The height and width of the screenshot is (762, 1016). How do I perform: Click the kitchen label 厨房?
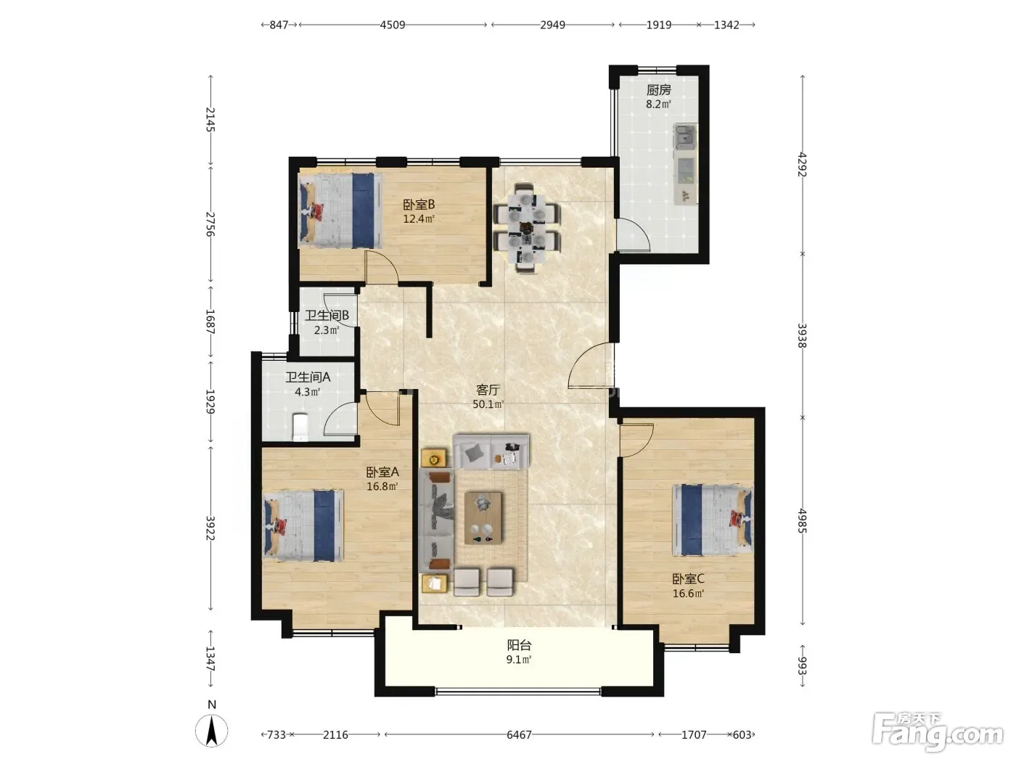point(658,90)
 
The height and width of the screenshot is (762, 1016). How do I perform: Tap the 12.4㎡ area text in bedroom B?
point(419,219)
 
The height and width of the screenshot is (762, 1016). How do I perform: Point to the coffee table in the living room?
point(483,517)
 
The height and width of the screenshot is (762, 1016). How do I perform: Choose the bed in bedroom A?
point(303,525)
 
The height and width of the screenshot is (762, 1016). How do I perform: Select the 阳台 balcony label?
point(519,645)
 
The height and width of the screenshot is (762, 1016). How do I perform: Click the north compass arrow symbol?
point(211,731)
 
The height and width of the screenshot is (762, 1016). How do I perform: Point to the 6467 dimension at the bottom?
point(519,734)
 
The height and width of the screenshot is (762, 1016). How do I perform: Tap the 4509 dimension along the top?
point(393,25)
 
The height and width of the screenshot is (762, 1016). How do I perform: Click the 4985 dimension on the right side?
point(802,521)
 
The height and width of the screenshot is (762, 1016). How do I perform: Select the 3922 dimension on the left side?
point(210,528)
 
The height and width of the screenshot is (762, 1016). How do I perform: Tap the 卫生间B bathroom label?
point(327,316)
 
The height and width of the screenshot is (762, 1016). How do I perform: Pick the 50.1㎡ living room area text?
point(488,404)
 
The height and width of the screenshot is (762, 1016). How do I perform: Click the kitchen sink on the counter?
point(685,136)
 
